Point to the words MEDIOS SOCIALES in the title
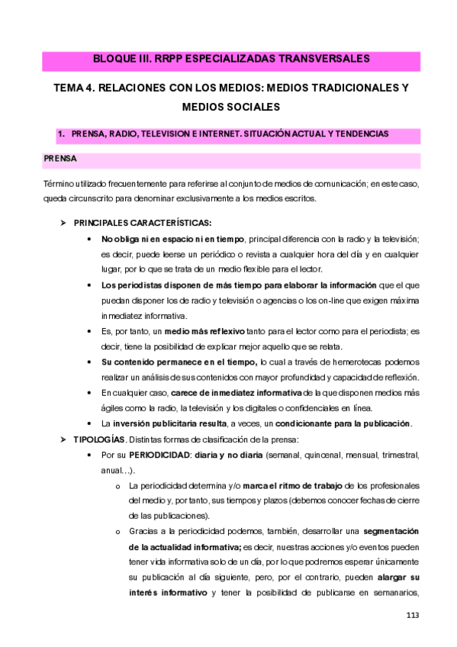pos(228,107)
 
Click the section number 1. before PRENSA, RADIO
pos(62,134)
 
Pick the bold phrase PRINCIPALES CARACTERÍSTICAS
pos(143,223)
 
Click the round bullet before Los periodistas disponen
pos(92,285)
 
